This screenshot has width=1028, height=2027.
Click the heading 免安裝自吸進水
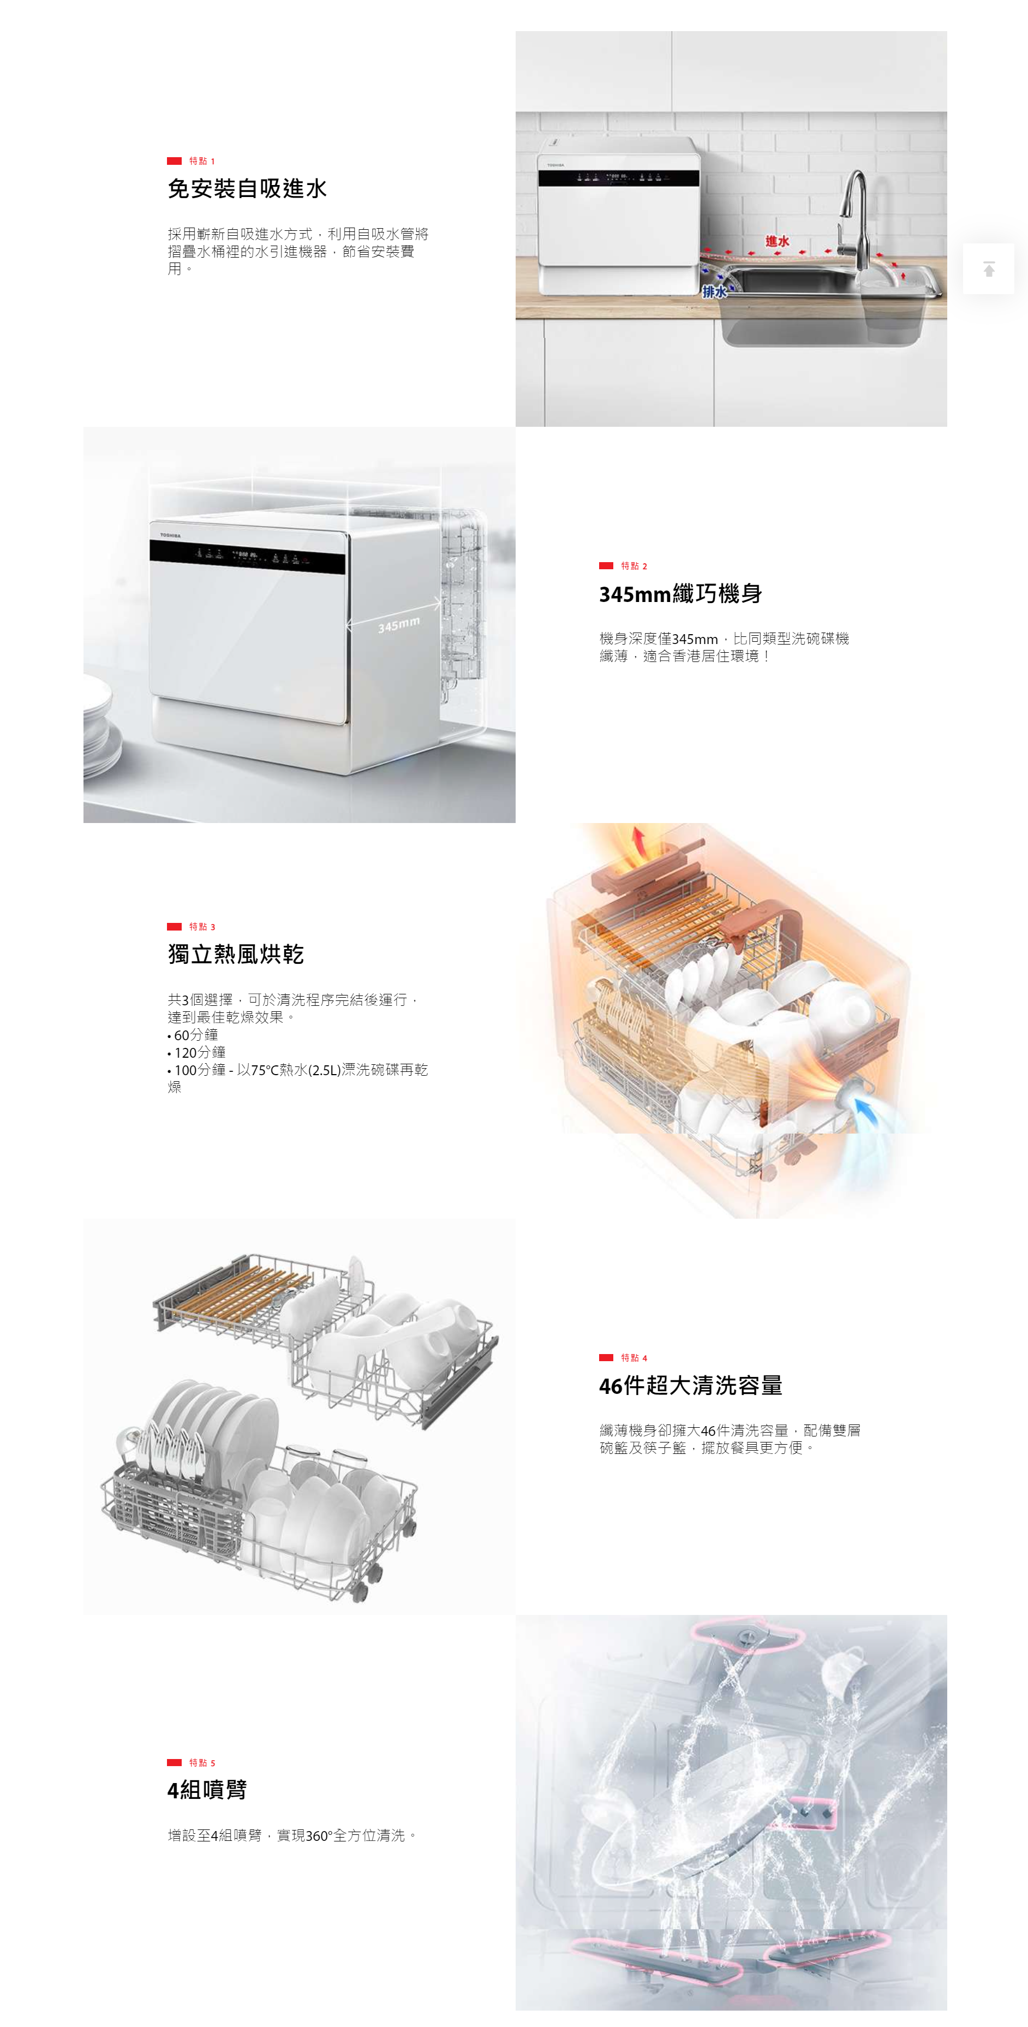pos(247,189)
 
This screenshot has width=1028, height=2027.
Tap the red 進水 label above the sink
pos(777,241)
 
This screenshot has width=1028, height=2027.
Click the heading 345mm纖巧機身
pos(680,594)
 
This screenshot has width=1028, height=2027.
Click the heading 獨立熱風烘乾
pos(236,955)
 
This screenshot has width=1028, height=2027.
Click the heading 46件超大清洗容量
pos(691,1386)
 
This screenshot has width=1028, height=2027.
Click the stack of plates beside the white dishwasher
pos(101,728)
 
